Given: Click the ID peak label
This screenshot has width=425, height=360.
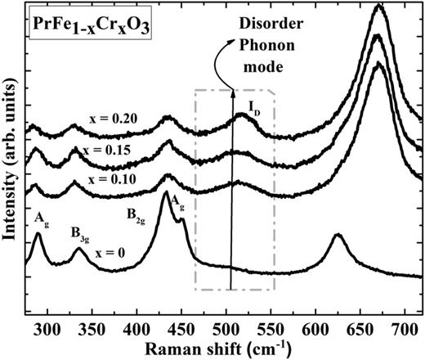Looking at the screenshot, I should click(x=256, y=106).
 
